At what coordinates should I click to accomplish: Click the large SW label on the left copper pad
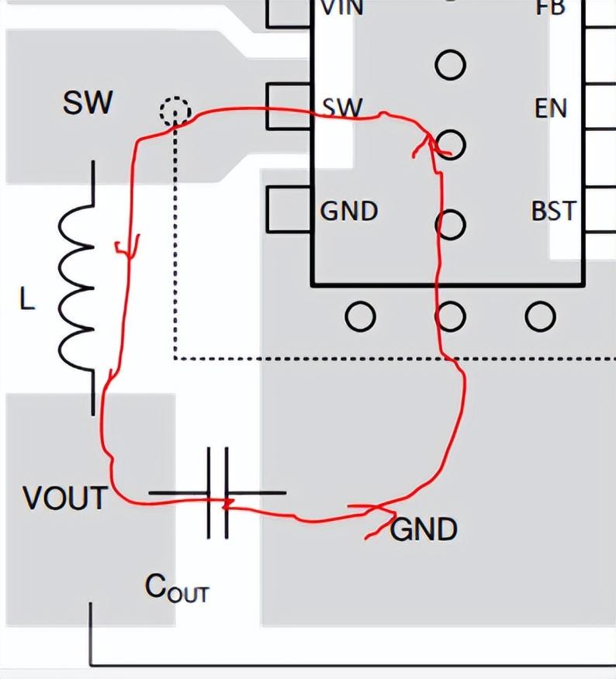[x=87, y=103]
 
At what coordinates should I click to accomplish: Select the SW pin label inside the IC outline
[x=342, y=108]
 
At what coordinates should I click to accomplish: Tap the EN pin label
[x=551, y=109]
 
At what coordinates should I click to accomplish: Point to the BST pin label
[x=553, y=211]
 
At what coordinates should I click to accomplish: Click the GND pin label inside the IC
[x=349, y=211]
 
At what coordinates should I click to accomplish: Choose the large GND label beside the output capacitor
[x=424, y=530]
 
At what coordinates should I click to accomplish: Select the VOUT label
[x=65, y=498]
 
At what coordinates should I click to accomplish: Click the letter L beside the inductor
[x=27, y=301]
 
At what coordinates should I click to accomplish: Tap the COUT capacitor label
[x=177, y=589]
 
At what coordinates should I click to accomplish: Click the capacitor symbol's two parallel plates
[x=218, y=493]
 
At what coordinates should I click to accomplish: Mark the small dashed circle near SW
[x=175, y=112]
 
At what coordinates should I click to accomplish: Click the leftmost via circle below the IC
[x=360, y=316]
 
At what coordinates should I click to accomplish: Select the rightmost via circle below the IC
[x=540, y=316]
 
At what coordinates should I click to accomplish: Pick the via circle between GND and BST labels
[x=450, y=225]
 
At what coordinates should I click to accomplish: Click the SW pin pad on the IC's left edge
[x=289, y=106]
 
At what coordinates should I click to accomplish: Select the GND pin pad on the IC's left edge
[x=289, y=210]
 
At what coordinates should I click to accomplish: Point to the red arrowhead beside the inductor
[x=127, y=246]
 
